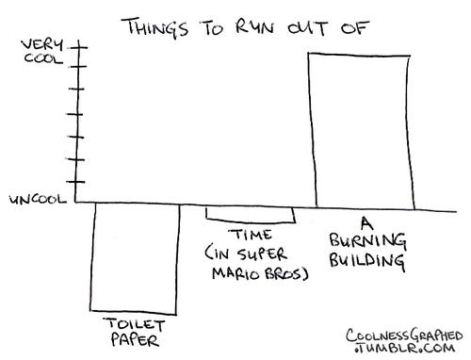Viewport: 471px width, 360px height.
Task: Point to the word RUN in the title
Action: tap(254, 26)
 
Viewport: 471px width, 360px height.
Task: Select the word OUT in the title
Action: tap(308, 27)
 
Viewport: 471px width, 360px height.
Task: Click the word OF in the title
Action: tap(354, 27)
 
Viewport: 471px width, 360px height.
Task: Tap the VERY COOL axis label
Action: tap(42, 52)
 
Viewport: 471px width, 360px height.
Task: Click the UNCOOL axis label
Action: tap(38, 200)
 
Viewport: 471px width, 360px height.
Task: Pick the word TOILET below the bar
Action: tap(135, 325)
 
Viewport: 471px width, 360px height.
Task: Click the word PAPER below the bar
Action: tap(135, 340)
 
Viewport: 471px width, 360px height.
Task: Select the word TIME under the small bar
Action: tap(250, 235)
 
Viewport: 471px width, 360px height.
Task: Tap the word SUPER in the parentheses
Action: tap(262, 254)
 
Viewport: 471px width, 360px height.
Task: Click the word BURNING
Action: tap(367, 241)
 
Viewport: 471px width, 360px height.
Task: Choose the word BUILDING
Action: tap(366, 261)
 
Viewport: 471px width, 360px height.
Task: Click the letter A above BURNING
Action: tap(366, 223)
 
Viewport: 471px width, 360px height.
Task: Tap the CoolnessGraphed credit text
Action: tap(404, 335)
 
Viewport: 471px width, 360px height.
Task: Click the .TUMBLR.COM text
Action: tap(404, 348)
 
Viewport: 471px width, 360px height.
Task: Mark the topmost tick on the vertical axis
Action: tap(78, 48)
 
